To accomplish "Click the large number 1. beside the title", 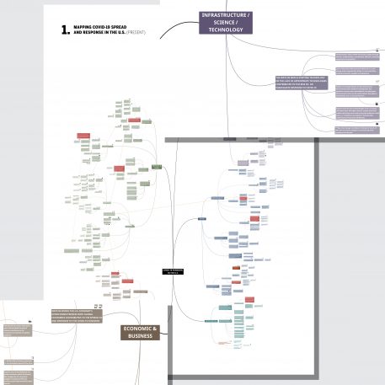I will [67, 30].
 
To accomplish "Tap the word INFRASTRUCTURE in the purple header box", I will [225, 16].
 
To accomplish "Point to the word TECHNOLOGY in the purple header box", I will [227, 29].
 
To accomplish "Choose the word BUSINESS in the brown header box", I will [141, 336].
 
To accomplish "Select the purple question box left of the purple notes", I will [302, 84].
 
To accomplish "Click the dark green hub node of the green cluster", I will [157, 167].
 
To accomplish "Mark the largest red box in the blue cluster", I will [243, 198].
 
